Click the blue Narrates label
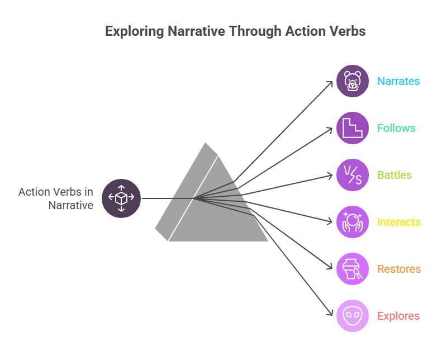click(x=398, y=81)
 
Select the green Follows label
click(x=396, y=128)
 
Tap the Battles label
click(x=395, y=175)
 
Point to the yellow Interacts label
click(x=398, y=222)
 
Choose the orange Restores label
click(x=398, y=269)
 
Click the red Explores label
click(x=398, y=316)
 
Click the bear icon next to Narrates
click(x=353, y=81)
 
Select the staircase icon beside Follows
click(x=353, y=128)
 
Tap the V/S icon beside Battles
click(x=353, y=175)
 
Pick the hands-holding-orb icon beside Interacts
click(x=353, y=222)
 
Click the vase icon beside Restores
click(x=353, y=269)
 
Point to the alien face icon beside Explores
click(x=353, y=316)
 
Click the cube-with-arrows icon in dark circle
click(x=121, y=198)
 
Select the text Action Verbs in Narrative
click(x=56, y=198)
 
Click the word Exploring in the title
click(x=134, y=31)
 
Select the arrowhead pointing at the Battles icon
click(x=330, y=176)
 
